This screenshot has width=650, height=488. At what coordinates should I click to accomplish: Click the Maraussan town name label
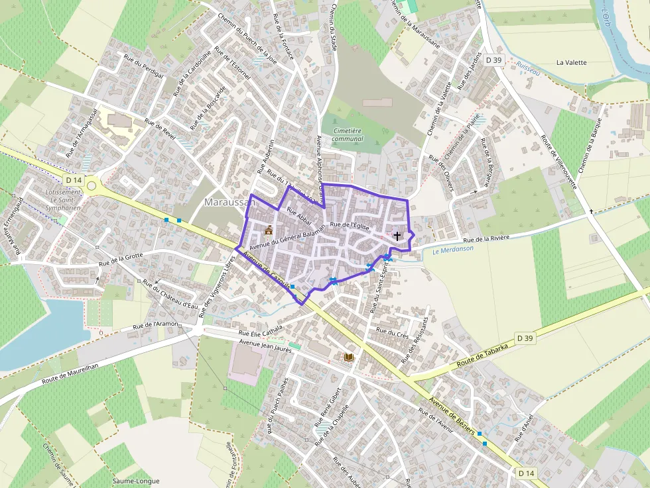point(230,202)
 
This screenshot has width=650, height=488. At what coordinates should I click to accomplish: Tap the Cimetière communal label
point(348,134)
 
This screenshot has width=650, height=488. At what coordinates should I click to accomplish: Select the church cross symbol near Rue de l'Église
point(397,236)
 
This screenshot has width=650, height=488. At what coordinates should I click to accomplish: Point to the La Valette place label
point(572,63)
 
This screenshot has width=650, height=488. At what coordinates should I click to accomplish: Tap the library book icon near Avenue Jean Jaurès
point(349,358)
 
